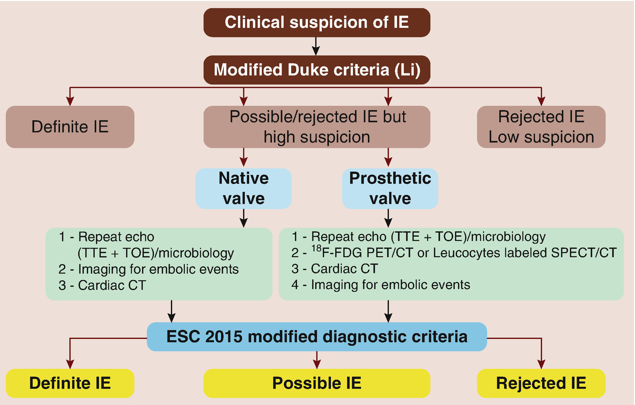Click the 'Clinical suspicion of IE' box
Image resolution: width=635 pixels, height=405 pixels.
coord(316,23)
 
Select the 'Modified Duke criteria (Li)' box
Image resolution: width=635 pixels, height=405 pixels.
coord(316,69)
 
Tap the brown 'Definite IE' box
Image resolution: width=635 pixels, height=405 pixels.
coord(70,127)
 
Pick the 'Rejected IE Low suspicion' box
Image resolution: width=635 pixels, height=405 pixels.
coord(541,127)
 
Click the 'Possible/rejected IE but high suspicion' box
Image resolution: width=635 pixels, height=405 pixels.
coord(317,127)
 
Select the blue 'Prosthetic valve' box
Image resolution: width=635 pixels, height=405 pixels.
coord(390,188)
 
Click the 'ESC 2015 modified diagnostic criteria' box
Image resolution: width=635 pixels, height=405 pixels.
coord(317,337)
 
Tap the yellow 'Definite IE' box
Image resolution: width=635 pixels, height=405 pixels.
coord(70,383)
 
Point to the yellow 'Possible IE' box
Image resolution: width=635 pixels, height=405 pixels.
coord(317,383)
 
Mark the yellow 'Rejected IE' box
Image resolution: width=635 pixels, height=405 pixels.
coord(541,383)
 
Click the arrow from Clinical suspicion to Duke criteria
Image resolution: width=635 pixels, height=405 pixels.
coord(316,46)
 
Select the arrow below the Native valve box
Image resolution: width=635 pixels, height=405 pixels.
coord(244,218)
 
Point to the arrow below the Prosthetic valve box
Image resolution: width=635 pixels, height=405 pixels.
coord(389,218)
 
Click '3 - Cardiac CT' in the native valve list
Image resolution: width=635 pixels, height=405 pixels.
coord(102,285)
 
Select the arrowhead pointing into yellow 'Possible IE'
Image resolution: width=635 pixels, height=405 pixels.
coord(317,364)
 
